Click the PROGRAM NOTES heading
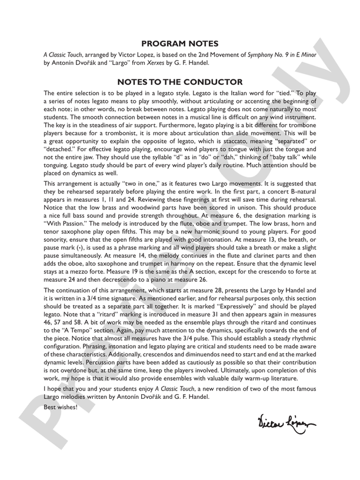(180, 44)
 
